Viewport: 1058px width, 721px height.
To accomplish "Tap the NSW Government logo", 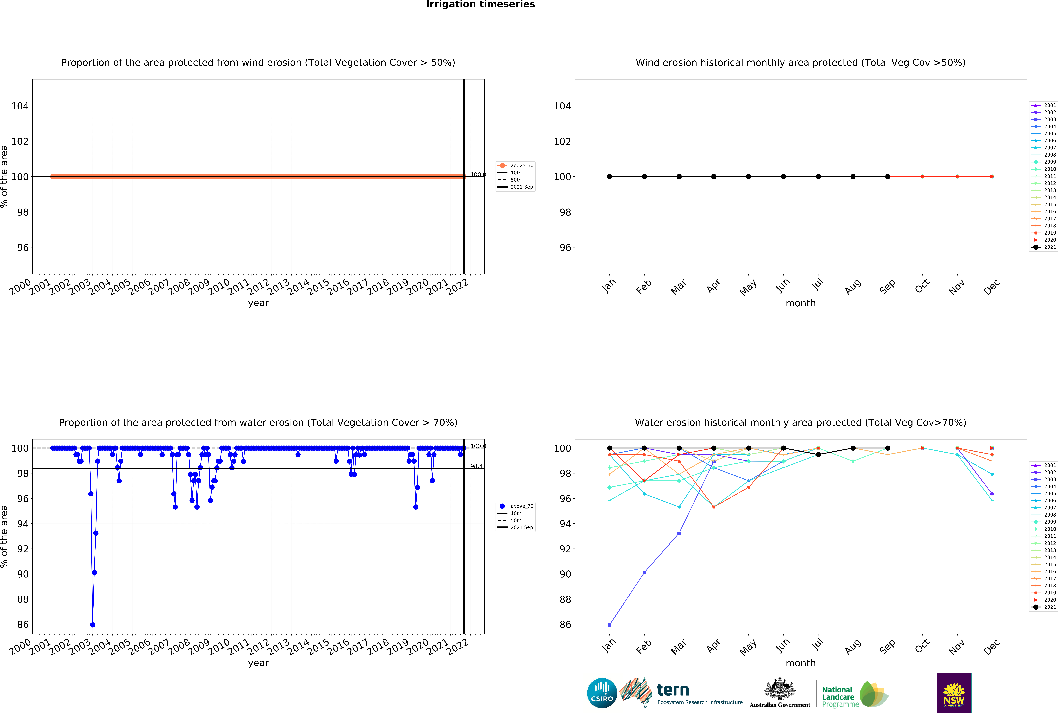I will (954, 693).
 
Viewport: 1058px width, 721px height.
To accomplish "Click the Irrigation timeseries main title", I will (480, 5).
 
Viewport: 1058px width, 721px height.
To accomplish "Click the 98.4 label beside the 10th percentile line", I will (476, 466).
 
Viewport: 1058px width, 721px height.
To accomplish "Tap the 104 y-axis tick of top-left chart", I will (20, 106).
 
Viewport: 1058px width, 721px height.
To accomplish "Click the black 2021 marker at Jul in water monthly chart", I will (818, 454).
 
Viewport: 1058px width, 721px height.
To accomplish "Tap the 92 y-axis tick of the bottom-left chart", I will (23, 549).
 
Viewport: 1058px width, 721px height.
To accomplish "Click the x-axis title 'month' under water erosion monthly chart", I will (800, 663).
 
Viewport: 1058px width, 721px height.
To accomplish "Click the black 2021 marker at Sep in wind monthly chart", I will (888, 177).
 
